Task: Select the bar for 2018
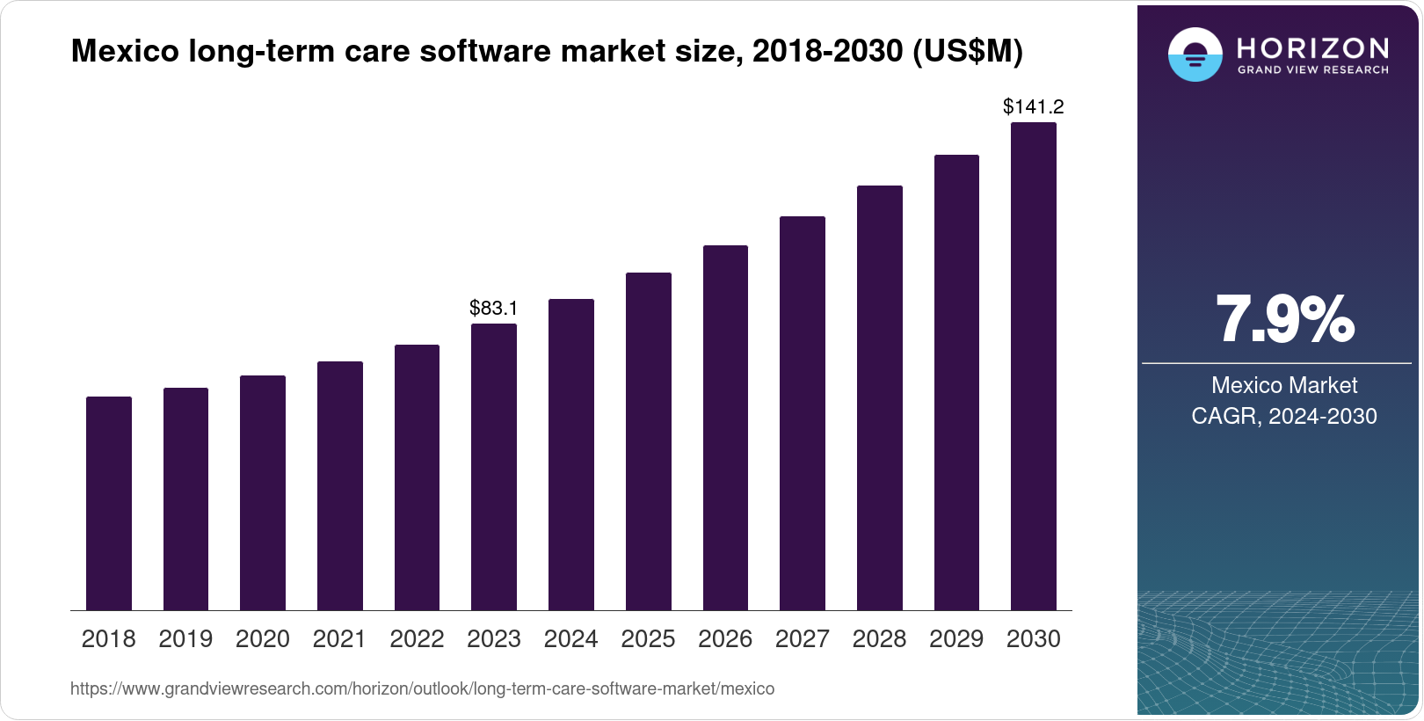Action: point(109,503)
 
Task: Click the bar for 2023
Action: point(494,467)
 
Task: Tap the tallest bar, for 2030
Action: point(1034,367)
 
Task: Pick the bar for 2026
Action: point(725,428)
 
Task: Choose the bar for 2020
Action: point(263,492)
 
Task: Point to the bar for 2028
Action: point(880,398)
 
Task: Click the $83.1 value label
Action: point(494,308)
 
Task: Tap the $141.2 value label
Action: point(1034,107)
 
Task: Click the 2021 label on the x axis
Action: point(339,639)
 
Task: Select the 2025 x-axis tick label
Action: point(648,639)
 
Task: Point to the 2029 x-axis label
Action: point(956,639)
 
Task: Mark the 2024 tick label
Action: point(570,639)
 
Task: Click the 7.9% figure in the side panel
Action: point(1284,320)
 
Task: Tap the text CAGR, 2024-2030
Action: point(1284,416)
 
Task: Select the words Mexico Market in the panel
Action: point(1284,385)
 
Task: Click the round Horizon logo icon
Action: point(1195,55)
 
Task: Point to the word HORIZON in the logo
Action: point(1313,47)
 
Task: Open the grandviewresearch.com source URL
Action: point(422,688)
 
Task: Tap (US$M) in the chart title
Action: point(968,51)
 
